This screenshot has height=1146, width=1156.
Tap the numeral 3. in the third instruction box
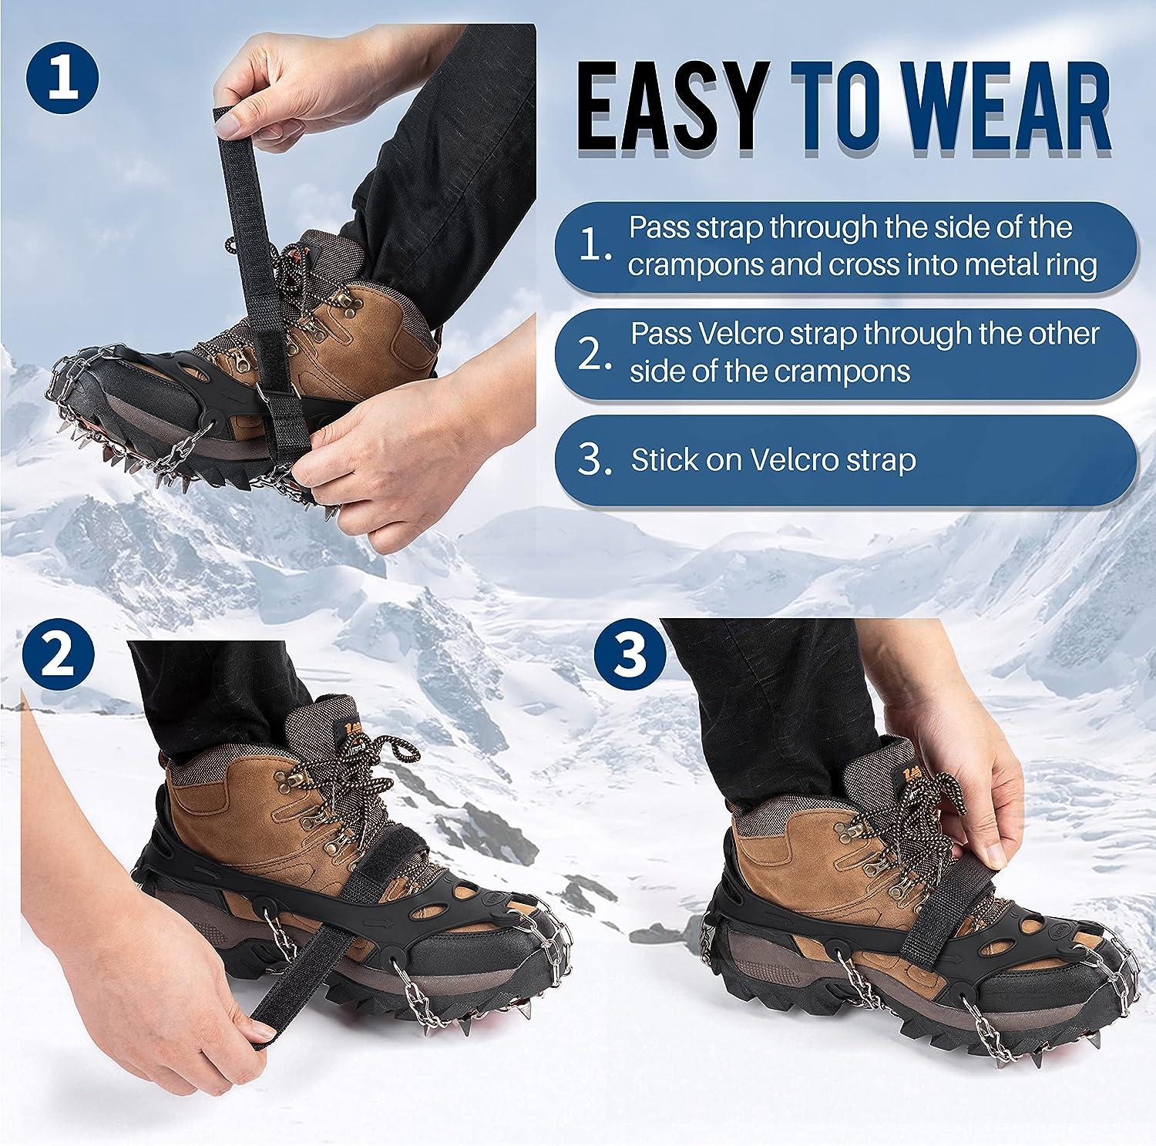596,460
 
